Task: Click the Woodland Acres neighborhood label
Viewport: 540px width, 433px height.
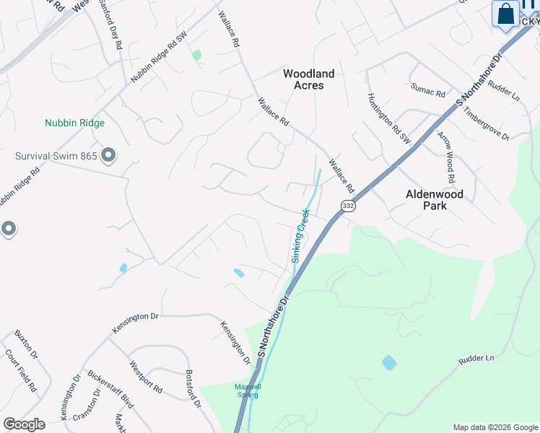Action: (308, 79)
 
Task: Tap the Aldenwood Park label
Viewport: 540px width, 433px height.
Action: (435, 200)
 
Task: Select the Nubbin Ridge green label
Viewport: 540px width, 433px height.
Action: (74, 123)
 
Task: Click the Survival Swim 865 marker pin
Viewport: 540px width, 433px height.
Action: (109, 155)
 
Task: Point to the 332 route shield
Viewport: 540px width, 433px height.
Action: (349, 206)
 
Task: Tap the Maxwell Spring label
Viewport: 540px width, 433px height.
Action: (248, 390)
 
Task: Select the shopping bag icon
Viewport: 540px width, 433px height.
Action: (507, 14)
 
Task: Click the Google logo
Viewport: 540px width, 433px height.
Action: (24, 424)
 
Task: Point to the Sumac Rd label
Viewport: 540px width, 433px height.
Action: (428, 91)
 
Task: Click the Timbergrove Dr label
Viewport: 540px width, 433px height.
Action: (487, 125)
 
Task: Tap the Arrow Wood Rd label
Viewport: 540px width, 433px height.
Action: (448, 157)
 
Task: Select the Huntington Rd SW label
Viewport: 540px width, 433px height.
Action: (388, 118)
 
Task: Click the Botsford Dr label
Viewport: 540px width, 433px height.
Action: (193, 390)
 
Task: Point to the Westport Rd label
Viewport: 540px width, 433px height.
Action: (146, 377)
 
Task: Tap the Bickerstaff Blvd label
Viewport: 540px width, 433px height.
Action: (110, 390)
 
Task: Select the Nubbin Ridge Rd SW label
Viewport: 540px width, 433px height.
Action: (159, 60)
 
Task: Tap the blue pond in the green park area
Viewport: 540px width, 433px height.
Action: (389, 362)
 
